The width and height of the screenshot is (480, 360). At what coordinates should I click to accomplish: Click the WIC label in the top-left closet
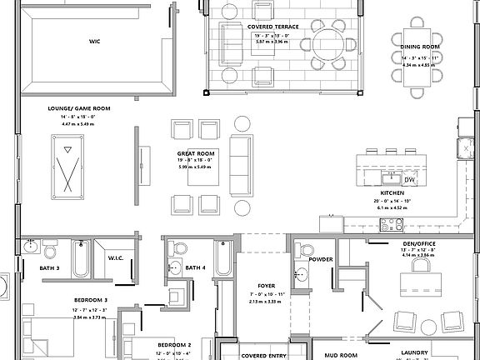click(x=94, y=40)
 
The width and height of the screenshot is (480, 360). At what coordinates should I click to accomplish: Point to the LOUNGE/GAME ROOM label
click(x=79, y=108)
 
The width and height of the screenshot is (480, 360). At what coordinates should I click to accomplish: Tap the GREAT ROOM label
click(x=197, y=154)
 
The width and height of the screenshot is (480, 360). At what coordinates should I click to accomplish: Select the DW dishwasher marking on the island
click(x=408, y=179)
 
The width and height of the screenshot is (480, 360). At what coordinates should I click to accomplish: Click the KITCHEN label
click(x=392, y=192)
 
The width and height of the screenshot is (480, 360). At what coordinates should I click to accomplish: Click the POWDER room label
click(x=321, y=259)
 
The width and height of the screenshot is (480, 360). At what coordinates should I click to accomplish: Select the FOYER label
click(x=266, y=285)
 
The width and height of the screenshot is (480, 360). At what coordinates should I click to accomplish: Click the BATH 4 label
click(x=196, y=267)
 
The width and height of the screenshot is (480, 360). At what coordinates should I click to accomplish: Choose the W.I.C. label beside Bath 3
click(x=115, y=257)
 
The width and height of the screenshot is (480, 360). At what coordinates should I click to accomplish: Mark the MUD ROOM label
click(x=341, y=355)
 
